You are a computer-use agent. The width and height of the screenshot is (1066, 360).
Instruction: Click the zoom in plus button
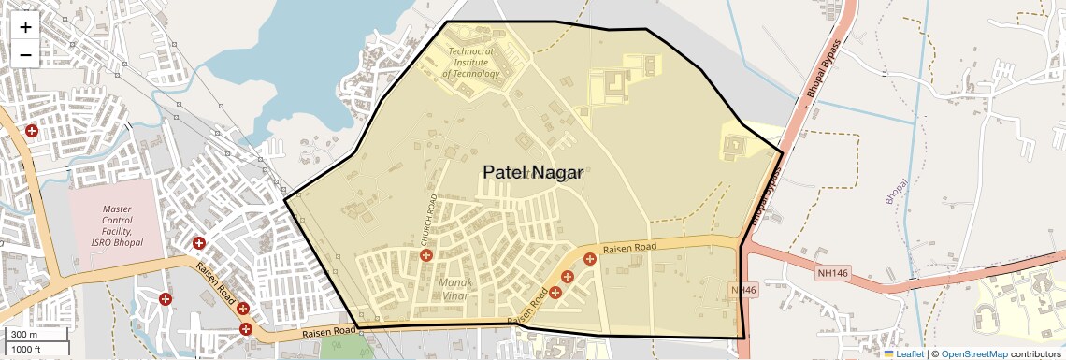[x=25, y=27]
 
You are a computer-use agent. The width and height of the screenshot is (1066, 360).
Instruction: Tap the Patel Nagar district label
[x=532, y=172]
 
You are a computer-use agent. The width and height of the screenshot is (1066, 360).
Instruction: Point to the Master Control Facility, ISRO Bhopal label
[x=118, y=226]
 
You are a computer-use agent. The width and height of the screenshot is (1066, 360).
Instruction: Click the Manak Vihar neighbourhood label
[x=455, y=289]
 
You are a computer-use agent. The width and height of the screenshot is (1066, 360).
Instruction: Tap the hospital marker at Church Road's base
[x=426, y=255]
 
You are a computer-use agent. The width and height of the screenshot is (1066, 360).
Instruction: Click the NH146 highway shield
[x=831, y=273]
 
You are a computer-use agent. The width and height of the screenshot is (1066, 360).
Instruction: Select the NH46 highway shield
[x=743, y=291]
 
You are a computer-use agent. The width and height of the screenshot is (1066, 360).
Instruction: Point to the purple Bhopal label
[x=896, y=192]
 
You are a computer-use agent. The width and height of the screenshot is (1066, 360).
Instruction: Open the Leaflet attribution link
[x=903, y=354]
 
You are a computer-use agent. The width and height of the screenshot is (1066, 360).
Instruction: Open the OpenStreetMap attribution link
[x=973, y=354]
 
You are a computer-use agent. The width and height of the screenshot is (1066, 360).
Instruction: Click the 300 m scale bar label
[x=24, y=335]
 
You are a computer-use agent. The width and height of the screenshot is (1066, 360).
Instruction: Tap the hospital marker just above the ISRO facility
[x=32, y=132]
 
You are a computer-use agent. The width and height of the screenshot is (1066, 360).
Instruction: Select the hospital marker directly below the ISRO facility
[x=166, y=299]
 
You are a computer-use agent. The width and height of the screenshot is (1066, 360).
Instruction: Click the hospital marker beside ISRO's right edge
[x=199, y=243]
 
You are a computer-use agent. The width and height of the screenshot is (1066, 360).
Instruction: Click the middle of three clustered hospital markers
[x=568, y=276]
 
